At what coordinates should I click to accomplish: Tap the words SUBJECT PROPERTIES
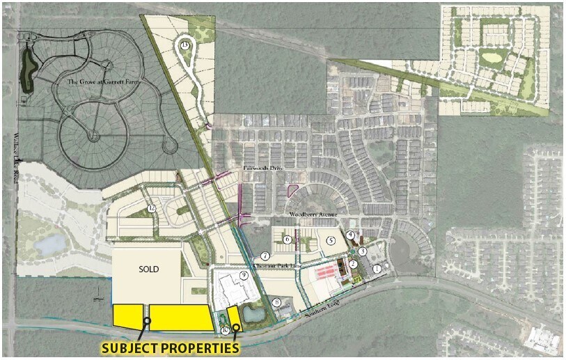(170, 348)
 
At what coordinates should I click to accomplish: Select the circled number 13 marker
(184, 45)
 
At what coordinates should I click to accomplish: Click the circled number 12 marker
(151, 208)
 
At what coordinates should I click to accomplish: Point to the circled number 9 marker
(244, 276)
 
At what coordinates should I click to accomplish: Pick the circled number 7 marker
(265, 256)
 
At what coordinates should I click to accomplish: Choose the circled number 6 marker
(287, 240)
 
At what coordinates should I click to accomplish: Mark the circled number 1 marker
(377, 268)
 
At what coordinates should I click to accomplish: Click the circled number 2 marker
(354, 263)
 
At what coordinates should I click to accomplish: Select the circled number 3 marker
(363, 251)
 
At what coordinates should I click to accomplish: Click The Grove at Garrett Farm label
(100, 82)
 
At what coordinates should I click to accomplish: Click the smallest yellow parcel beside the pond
(234, 317)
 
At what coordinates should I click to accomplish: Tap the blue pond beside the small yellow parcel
(253, 315)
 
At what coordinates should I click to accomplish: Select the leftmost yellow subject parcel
(128, 315)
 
